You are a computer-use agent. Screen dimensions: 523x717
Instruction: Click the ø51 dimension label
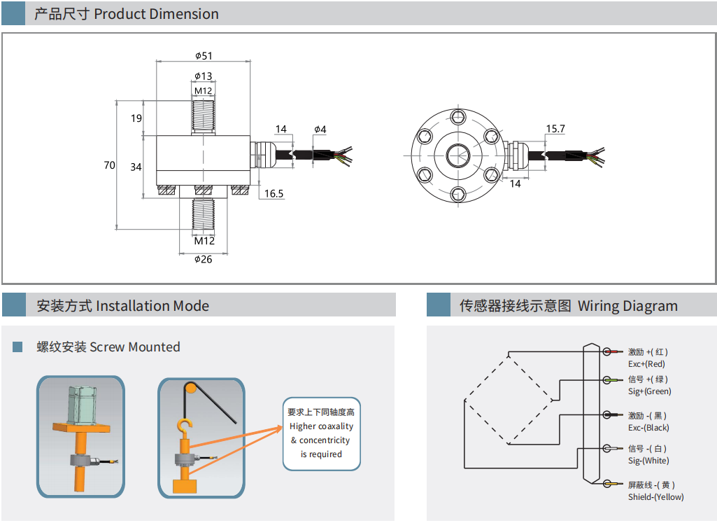pos(204,56)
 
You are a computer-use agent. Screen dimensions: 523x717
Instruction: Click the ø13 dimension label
pos(204,76)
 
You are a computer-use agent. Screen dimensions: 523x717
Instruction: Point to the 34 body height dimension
pos(136,167)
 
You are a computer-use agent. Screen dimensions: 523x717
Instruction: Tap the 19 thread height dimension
pos(136,118)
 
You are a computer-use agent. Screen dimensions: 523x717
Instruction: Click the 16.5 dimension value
pos(274,194)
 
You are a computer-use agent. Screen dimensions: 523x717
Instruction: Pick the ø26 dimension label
pos(203,259)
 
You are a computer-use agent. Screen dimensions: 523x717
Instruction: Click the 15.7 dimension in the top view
pos(555,129)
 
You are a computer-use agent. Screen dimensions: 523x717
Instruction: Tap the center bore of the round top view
pos(457,154)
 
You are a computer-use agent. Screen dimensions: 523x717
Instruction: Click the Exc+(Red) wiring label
pos(646,364)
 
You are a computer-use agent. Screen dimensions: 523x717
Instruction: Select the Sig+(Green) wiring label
pos(649,391)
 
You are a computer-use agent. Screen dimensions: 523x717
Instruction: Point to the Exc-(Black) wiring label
pos(648,428)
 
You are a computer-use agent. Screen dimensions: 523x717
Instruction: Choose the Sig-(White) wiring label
pos(648,461)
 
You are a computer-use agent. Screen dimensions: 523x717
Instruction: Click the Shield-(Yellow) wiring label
pos(655,497)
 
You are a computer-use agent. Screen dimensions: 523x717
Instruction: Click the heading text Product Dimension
pos(156,14)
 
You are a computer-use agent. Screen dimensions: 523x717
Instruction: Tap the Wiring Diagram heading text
pos(627,306)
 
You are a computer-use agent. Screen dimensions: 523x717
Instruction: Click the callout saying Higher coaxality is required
pos(322,433)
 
